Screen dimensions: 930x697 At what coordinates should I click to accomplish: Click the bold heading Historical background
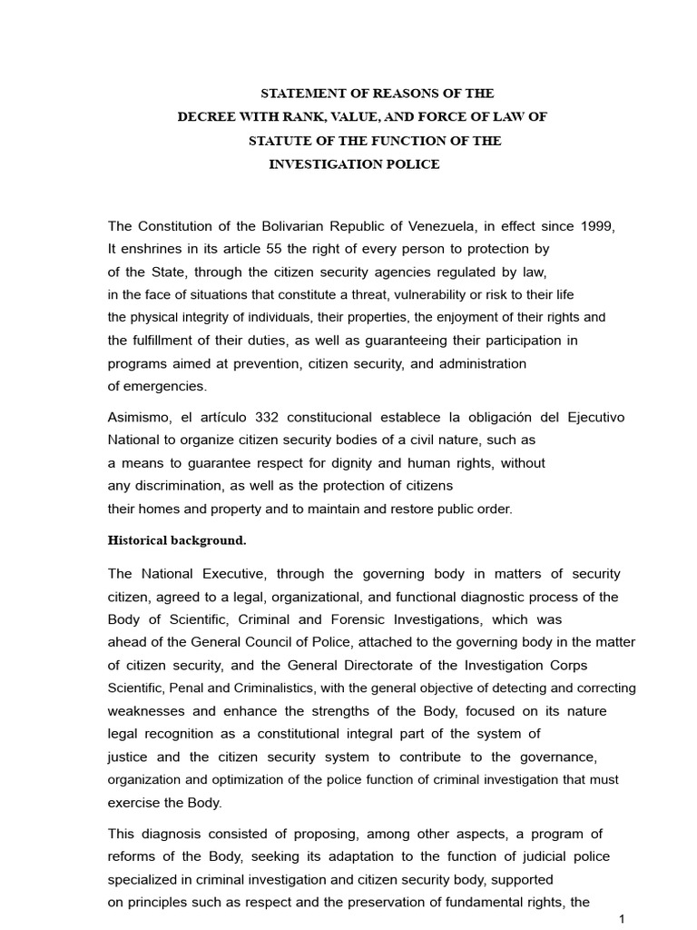click(x=177, y=540)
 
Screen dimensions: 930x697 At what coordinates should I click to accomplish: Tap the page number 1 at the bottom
click(x=621, y=919)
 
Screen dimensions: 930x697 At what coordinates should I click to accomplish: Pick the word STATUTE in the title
click(x=280, y=141)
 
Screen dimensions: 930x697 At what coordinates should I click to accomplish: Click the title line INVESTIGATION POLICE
click(x=354, y=164)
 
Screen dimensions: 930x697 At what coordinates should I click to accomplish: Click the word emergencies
click(x=156, y=385)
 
